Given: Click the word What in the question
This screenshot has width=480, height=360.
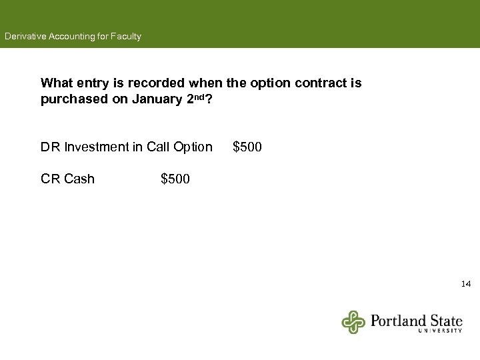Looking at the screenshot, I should pos(57,83).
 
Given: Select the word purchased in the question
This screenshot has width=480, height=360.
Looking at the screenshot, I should pos(71,99).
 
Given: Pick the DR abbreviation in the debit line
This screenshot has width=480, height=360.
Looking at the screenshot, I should pos(50,147).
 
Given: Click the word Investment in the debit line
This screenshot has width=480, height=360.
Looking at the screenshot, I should pos(97,147).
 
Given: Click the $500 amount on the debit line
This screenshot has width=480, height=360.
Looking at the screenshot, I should pos(247,147).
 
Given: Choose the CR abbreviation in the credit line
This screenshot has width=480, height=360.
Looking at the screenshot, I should pos(50,179).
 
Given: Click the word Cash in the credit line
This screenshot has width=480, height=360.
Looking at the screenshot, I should pos(79,179).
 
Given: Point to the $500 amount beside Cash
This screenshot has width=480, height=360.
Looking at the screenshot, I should pos(175,179).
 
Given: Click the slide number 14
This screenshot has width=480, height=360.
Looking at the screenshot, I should pos(466,284).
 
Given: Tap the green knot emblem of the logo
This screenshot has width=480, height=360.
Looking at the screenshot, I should pos(354,322).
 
